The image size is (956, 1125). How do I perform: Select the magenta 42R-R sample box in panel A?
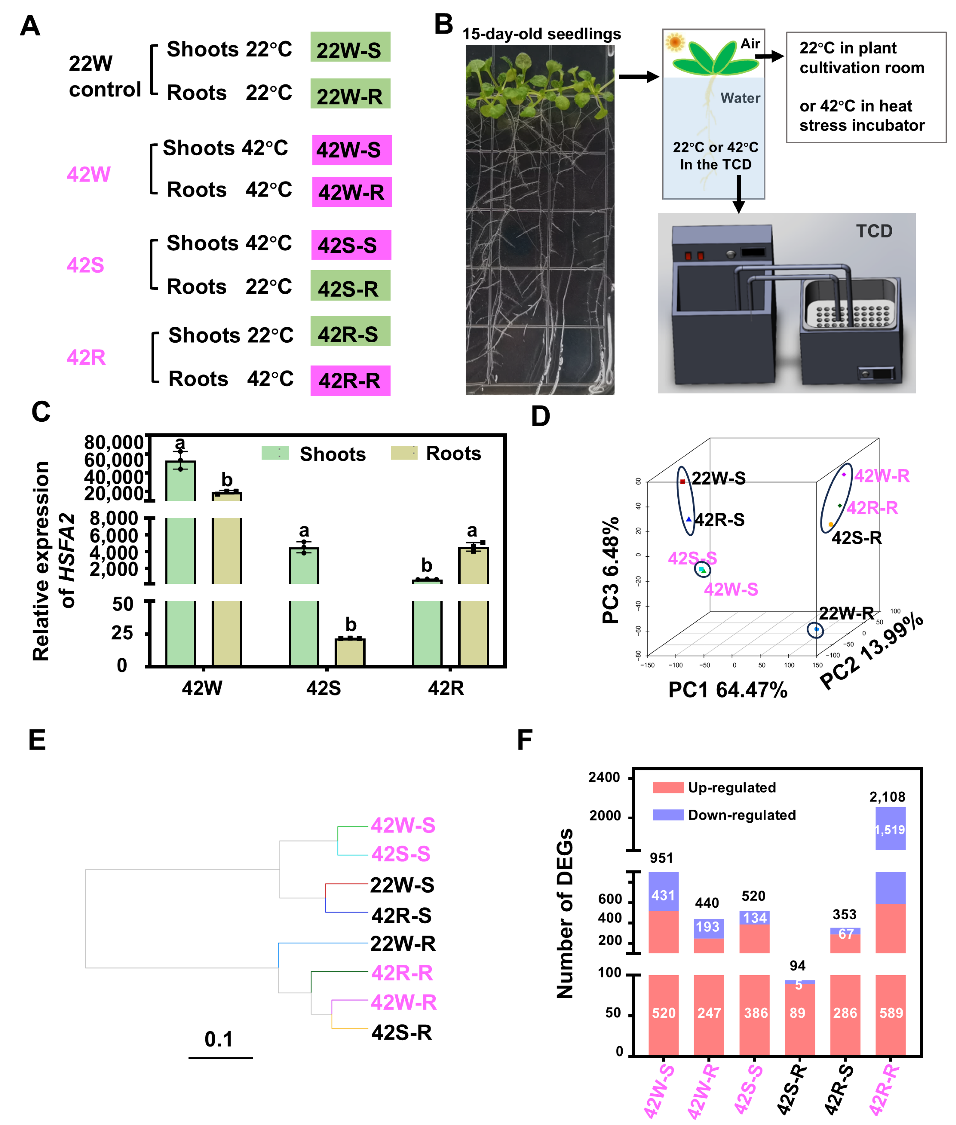point(350,380)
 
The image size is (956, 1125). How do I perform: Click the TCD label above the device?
point(874,231)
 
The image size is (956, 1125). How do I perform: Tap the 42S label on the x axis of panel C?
point(324,688)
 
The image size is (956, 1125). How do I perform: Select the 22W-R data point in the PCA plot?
point(816,629)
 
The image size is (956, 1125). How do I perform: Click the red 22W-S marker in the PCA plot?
point(682,481)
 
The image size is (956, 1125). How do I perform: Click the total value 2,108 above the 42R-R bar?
point(887,797)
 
